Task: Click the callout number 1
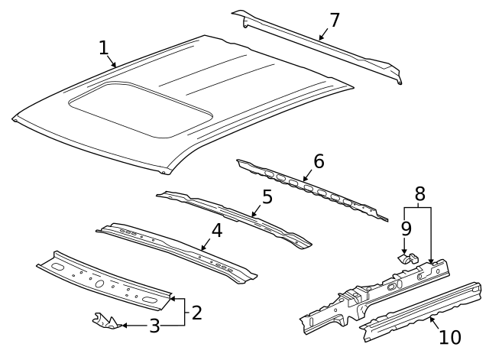(104, 48)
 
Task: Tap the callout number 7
(334, 20)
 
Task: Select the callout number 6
(319, 161)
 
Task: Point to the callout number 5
(267, 197)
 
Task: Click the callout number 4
(217, 229)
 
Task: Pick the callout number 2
(196, 312)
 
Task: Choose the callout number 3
(154, 327)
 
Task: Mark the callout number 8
(419, 194)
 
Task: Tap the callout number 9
(406, 228)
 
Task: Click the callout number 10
(450, 336)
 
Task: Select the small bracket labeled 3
(105, 320)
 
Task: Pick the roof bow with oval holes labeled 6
(313, 190)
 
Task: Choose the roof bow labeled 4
(176, 248)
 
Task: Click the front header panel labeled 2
(103, 280)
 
